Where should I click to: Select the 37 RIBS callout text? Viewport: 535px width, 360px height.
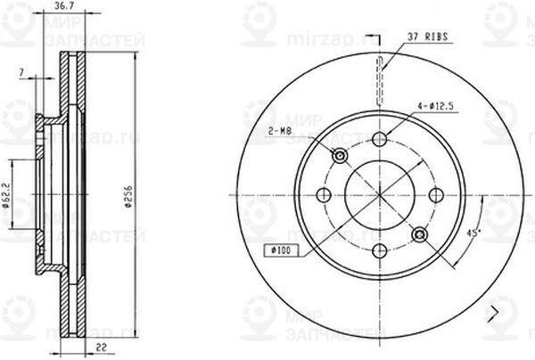[x=425, y=37]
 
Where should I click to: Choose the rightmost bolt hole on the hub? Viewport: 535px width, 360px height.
[x=436, y=195]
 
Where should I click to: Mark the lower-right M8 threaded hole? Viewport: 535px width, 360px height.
[x=419, y=234]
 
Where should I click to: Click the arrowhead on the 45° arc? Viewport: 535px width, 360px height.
[x=455, y=265]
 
